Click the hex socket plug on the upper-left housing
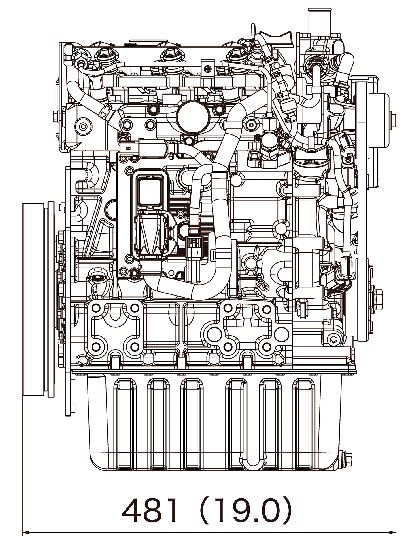83,126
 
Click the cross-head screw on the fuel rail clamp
208,69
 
